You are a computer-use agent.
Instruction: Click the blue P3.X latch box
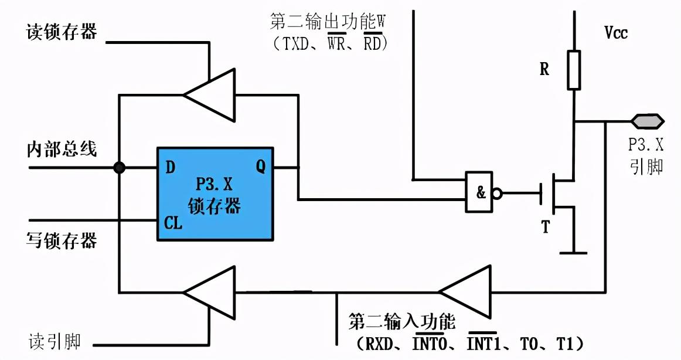(x=214, y=193)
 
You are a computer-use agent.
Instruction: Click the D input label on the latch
(x=170, y=168)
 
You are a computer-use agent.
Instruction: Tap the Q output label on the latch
(x=260, y=167)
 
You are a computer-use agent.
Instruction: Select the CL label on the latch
(x=173, y=223)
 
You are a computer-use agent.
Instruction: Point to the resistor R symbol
(x=574, y=70)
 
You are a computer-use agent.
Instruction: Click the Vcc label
(x=616, y=33)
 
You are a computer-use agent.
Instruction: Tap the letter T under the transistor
(x=546, y=227)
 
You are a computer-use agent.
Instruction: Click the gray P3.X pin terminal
(x=647, y=121)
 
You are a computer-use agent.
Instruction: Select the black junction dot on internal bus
(x=119, y=168)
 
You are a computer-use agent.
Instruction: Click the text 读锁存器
(x=62, y=32)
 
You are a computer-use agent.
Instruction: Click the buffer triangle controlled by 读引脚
(x=209, y=291)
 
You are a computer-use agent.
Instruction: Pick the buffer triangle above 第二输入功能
(x=466, y=291)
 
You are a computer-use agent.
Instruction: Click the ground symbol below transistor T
(x=573, y=252)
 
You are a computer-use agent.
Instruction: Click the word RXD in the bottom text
(x=376, y=341)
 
